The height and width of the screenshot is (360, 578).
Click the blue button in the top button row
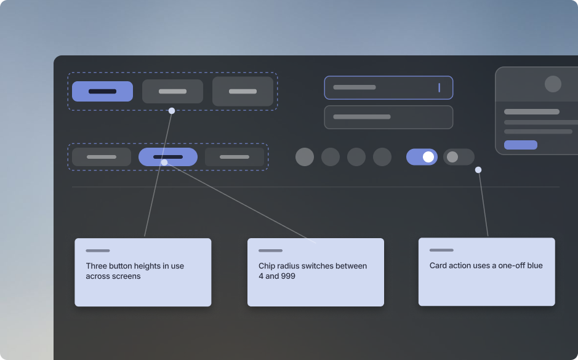[102, 91]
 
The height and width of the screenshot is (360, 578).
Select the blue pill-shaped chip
[168, 157]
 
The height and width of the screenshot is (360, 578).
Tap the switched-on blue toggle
[422, 157]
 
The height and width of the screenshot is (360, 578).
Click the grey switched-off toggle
[459, 157]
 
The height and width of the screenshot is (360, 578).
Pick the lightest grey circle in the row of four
[305, 157]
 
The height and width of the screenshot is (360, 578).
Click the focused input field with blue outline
[388, 88]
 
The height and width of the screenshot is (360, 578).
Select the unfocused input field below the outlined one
[388, 117]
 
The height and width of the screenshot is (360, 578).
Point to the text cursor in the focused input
[439, 88]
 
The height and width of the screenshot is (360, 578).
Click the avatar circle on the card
[553, 84]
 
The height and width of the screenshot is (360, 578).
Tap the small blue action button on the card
[521, 145]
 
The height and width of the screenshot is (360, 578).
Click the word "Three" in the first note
[97, 266]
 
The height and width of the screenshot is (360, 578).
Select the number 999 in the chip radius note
[288, 276]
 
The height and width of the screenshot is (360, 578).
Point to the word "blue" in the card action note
[534, 265]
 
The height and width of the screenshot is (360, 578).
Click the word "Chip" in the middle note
[266, 266]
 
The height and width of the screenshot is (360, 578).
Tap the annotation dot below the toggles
[478, 170]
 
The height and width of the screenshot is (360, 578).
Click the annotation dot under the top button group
[171, 111]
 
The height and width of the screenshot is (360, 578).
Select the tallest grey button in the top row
[243, 91]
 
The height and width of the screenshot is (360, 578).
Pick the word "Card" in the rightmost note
[438, 265]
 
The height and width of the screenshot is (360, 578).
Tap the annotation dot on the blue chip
[164, 162]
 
